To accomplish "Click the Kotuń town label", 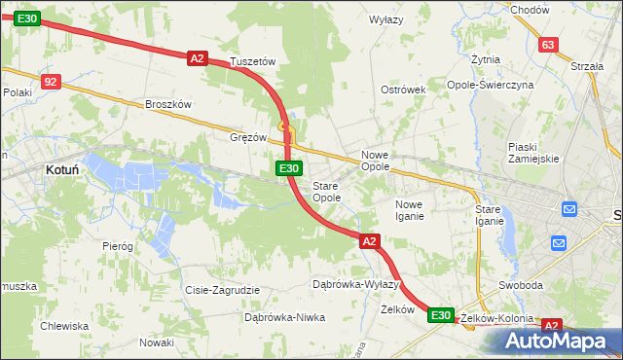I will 62,169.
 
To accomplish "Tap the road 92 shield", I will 52,83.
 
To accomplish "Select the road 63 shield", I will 548,45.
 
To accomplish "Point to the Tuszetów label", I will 253,61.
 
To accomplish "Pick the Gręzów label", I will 248,137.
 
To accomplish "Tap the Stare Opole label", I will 326,192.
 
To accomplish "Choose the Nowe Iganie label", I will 409,210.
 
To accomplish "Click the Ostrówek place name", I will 404,90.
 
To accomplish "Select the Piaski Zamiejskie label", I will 532,153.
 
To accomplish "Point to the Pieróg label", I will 117,246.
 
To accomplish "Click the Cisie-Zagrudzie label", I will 222,290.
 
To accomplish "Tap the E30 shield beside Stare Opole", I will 288,168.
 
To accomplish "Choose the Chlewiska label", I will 64,326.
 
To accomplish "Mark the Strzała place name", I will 588,66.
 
